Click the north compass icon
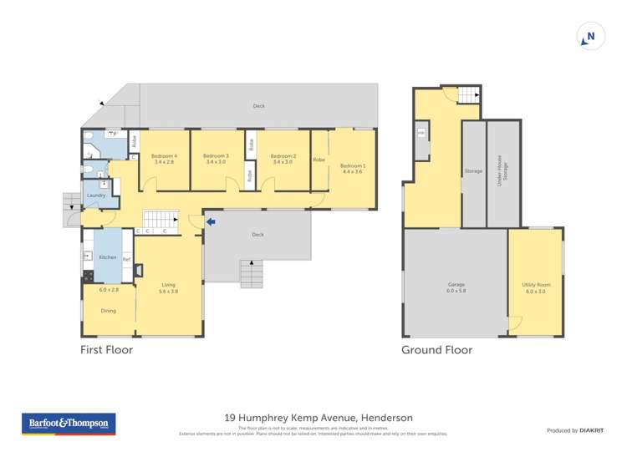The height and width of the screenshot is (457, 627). pos(589,37)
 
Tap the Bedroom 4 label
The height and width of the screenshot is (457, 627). pos(164,156)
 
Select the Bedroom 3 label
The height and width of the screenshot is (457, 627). pos(215,156)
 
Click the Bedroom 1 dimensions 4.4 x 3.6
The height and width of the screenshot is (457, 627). pos(352,171)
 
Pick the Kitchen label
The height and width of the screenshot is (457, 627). pos(108,256)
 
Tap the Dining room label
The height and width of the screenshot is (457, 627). pos(109,311)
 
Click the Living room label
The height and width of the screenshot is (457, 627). pos(169,285)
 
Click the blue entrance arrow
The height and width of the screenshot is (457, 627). pos(211,221)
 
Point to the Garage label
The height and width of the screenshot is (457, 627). pos(455,285)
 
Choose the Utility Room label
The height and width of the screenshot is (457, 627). pos(535,285)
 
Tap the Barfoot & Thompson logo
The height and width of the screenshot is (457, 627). pos(69,424)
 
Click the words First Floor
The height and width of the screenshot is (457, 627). pos(106,350)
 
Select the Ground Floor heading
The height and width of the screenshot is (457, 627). pos(436,350)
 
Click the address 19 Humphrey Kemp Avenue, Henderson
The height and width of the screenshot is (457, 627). pos(319,417)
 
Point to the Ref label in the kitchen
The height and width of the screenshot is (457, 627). pos(126,260)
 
